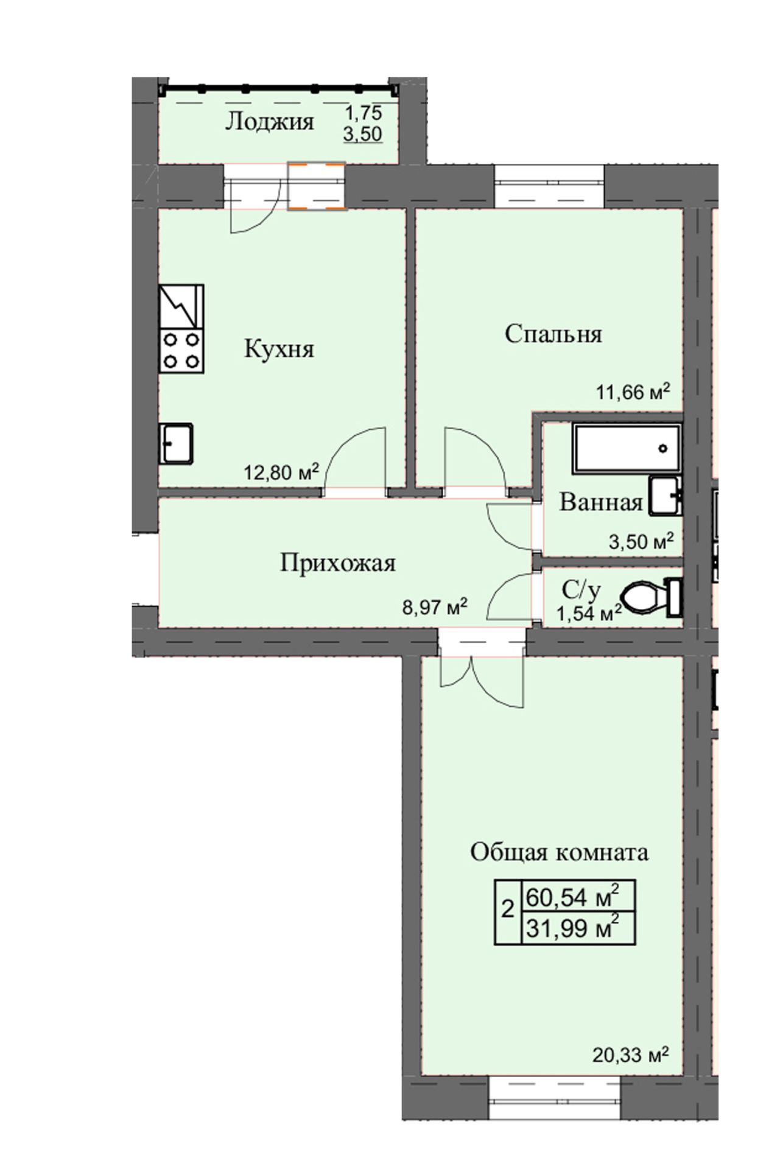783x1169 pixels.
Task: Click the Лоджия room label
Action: [x=270, y=122]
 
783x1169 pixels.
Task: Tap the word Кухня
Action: [x=279, y=349]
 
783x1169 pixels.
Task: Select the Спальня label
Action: [x=553, y=334]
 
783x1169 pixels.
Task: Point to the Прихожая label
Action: [x=338, y=563]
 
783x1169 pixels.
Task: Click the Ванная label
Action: [x=602, y=502]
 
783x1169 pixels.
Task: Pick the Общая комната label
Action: [x=559, y=852]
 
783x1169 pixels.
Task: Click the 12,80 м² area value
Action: [x=281, y=471]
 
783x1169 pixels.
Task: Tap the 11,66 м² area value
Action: [x=633, y=391]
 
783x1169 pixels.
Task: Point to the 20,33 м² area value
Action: [x=630, y=1053]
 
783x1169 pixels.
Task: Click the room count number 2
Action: [x=507, y=911]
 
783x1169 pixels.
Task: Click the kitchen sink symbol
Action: [x=177, y=443]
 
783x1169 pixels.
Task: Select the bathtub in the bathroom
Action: [x=626, y=449]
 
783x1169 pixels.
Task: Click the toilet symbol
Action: [x=650, y=597]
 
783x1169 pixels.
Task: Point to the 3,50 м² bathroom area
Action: [x=642, y=541]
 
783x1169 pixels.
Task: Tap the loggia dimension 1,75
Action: [x=363, y=113]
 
